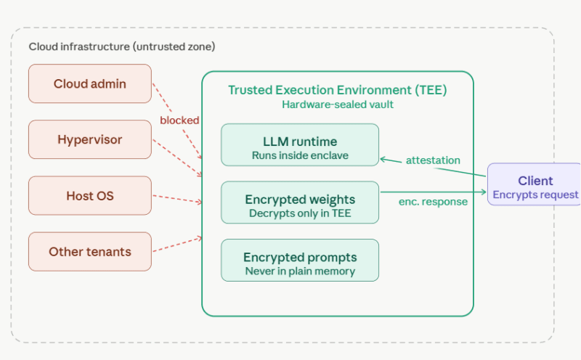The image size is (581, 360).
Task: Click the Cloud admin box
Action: tap(90, 83)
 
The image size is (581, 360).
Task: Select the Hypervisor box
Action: tap(90, 139)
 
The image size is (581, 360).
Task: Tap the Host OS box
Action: tap(90, 196)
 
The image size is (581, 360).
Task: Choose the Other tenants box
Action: tap(90, 252)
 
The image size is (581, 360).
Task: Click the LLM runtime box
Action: tap(300, 145)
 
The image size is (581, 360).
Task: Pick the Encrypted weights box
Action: tap(300, 202)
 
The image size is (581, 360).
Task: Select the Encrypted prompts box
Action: tap(300, 260)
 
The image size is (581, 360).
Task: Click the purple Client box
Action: tap(535, 184)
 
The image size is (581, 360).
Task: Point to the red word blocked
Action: tap(179, 120)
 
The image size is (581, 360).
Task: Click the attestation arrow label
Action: tap(433, 160)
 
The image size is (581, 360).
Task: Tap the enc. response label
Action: tap(433, 202)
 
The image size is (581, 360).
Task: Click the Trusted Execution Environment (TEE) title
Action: tap(337, 90)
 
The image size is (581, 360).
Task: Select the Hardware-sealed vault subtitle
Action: tap(337, 105)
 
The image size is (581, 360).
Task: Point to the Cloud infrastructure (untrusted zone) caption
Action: tap(122, 46)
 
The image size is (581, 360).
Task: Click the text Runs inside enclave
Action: tap(300, 155)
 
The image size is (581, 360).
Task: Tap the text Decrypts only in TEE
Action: tap(300, 213)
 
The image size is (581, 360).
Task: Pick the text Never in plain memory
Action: tap(300, 271)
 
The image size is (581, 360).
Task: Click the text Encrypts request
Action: tap(535, 195)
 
